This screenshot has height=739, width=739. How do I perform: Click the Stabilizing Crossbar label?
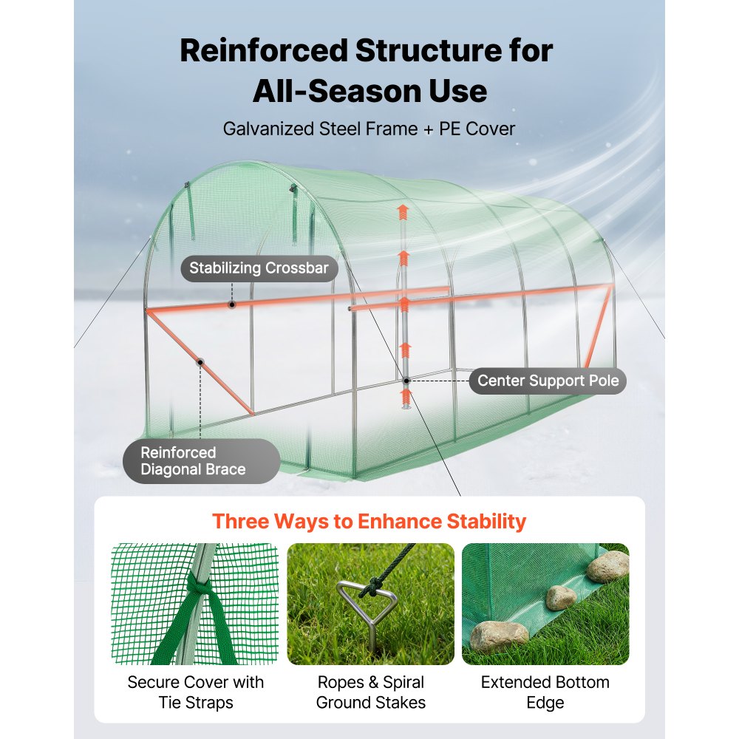[x=259, y=268]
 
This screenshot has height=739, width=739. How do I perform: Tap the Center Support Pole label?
[x=548, y=381]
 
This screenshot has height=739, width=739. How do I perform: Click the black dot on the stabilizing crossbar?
[x=232, y=304]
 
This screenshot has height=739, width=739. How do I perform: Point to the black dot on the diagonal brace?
[x=200, y=362]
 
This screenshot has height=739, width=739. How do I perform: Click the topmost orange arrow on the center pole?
[x=403, y=213]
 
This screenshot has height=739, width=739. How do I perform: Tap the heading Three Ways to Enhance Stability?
[x=369, y=521]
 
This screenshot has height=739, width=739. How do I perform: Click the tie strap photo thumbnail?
[x=194, y=604]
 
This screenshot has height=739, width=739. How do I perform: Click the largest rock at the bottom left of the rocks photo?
[x=499, y=636]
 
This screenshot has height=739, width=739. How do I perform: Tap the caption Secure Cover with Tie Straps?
[x=195, y=692]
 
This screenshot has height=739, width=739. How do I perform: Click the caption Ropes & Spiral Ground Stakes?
[x=370, y=692]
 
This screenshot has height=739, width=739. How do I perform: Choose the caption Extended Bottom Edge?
[x=545, y=692]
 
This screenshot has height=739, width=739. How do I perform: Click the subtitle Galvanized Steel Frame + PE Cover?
[x=369, y=129]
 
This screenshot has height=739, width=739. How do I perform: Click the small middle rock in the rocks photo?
[x=561, y=596]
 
